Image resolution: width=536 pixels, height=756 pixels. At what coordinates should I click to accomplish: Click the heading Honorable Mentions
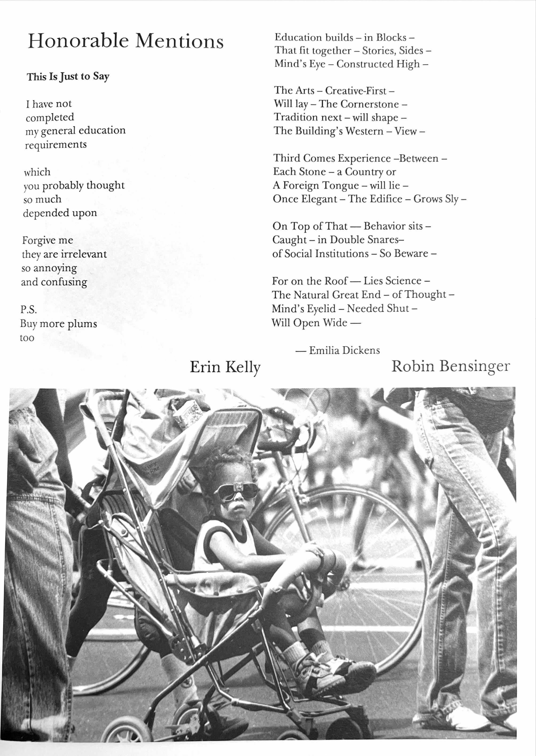125,42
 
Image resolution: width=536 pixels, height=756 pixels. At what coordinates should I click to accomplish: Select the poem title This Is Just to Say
68,77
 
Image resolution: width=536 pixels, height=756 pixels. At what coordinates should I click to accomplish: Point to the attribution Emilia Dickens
344,350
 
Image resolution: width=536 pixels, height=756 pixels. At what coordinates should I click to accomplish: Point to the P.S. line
28,310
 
